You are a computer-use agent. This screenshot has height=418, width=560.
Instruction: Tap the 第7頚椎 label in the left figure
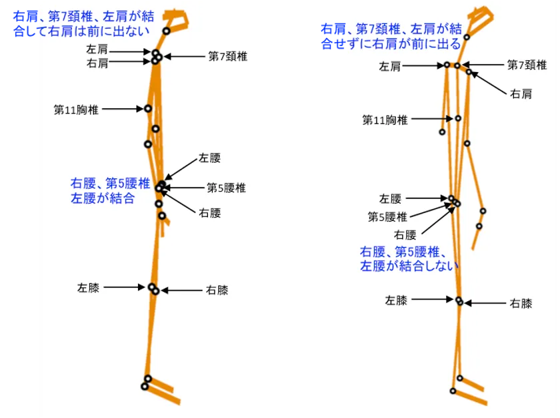click(x=227, y=57)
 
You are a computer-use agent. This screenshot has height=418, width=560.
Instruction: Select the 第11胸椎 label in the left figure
click(x=76, y=110)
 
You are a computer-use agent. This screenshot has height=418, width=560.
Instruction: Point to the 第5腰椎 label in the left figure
click(x=226, y=188)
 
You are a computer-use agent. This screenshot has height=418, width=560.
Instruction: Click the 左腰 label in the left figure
click(x=209, y=159)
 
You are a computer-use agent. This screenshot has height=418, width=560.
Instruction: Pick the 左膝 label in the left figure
click(x=89, y=288)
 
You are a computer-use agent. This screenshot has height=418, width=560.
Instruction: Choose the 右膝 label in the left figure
click(x=217, y=290)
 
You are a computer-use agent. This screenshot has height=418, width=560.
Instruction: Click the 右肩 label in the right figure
click(x=521, y=94)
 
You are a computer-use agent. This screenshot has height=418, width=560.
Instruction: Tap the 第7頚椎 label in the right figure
click(x=527, y=65)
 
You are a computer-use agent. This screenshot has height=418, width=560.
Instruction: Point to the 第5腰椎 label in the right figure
click(x=387, y=217)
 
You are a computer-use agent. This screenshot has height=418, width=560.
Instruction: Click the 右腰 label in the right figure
click(x=405, y=235)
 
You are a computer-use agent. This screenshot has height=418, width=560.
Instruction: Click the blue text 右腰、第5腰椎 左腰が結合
click(x=103, y=190)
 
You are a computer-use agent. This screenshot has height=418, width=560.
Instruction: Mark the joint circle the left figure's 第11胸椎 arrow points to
click(x=148, y=108)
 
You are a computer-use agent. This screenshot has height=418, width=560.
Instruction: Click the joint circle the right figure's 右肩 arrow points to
click(x=469, y=72)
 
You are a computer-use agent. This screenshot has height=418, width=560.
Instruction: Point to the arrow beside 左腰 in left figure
click(x=180, y=170)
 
